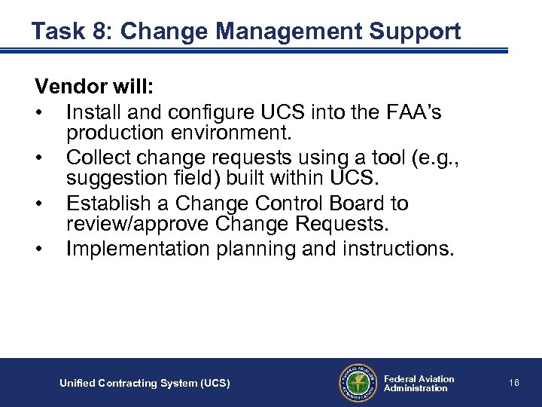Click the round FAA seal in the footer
[356, 383]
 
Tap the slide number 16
[513, 383]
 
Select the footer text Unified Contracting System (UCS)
[145, 384]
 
